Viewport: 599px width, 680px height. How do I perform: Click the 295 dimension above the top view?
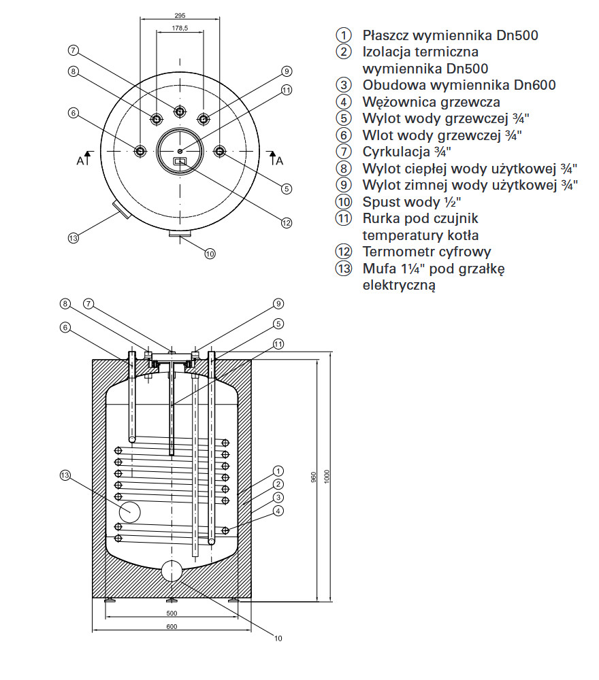(180, 14)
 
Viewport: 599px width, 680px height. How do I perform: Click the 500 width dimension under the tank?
(172, 613)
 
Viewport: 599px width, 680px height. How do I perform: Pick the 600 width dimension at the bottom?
(172, 626)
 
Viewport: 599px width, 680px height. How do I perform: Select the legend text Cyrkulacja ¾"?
(406, 151)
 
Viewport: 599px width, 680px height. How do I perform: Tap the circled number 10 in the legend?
(344, 202)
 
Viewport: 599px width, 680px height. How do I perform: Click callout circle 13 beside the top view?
(74, 238)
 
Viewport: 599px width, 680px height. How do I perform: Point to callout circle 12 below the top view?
(286, 222)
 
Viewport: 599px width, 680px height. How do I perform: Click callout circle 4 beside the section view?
(278, 511)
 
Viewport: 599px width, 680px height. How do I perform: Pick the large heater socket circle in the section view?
(129, 510)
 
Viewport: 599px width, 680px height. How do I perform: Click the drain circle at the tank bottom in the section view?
(172, 571)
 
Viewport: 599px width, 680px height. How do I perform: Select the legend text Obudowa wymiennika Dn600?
(459, 85)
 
